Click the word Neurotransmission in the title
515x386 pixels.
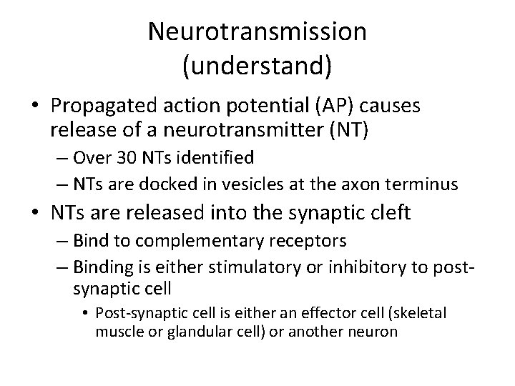pos(257,31)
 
